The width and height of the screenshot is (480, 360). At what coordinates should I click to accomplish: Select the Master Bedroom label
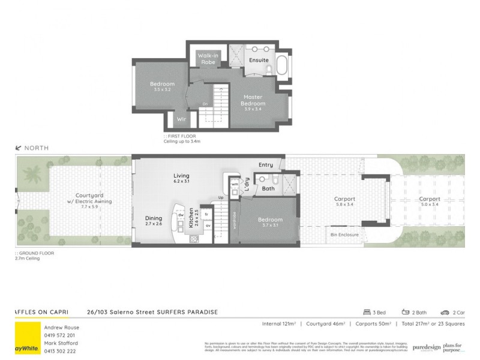tap(253, 100)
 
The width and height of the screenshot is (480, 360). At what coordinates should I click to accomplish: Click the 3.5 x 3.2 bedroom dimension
tap(162, 89)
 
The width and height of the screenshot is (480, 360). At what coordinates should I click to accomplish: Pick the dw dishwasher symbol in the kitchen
tap(180, 215)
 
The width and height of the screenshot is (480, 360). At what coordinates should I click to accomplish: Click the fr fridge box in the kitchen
tap(206, 214)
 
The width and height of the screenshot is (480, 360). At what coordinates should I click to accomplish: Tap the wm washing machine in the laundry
tap(235, 184)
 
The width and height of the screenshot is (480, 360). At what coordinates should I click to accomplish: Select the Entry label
tap(266, 164)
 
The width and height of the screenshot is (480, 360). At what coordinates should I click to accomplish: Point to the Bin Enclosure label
tap(344, 235)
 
